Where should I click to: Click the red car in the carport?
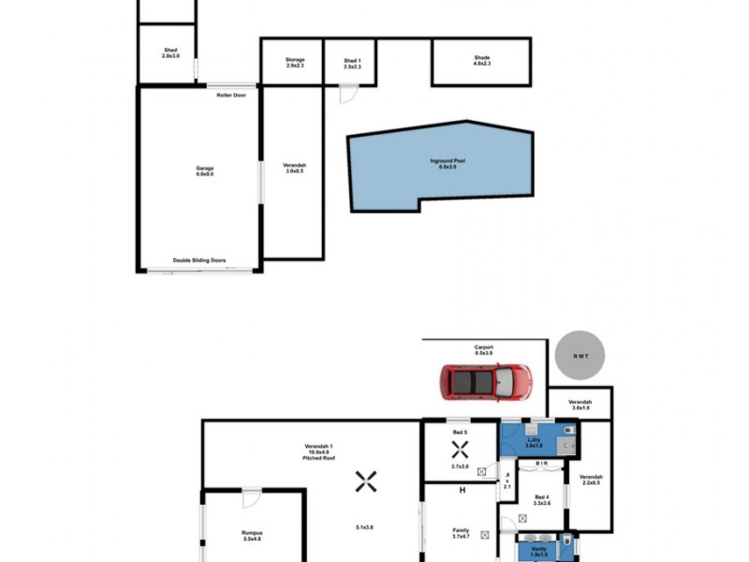tap(486, 381)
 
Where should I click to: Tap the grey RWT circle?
tap(579, 355)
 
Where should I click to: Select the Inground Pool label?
tap(448, 164)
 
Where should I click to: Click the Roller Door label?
tap(231, 96)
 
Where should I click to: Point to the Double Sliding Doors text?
tap(198, 260)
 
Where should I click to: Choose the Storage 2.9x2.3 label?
tap(295, 62)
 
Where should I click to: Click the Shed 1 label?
tap(351, 62)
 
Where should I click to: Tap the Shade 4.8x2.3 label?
tap(481, 62)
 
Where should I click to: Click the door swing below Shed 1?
tap(347, 94)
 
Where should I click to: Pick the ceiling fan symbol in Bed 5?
tap(459, 448)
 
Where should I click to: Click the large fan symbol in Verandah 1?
tap(365, 481)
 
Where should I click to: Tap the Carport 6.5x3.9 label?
tap(483, 350)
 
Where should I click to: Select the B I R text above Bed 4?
tap(541, 464)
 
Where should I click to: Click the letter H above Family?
tap(462, 490)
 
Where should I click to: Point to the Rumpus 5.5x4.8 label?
tap(252, 536)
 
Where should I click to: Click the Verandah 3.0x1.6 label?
tap(580, 404)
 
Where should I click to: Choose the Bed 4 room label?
tap(542, 500)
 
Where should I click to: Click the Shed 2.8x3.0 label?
tap(170, 52)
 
